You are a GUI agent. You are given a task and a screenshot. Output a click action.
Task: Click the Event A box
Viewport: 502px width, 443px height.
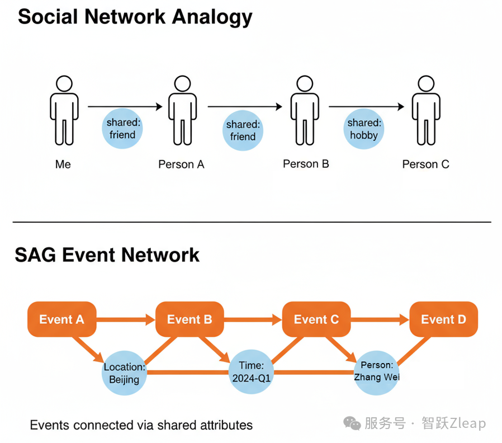61,319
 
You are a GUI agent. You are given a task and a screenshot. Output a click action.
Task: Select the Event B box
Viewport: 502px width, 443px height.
190,319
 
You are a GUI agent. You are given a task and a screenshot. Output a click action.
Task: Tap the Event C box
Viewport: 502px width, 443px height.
316,319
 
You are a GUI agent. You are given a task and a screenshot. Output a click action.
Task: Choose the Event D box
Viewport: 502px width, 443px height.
443,319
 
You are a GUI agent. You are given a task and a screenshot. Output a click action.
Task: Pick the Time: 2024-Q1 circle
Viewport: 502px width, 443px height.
251,371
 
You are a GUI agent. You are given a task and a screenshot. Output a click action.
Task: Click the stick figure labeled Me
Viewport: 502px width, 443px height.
64,112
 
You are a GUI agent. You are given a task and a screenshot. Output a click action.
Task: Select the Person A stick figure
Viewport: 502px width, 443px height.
181,112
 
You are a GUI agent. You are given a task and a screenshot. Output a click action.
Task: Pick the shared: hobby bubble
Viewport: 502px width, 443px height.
364,129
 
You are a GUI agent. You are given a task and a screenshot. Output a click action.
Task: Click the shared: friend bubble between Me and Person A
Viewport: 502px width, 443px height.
122,129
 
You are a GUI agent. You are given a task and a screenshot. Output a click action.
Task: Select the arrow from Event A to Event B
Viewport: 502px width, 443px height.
126,320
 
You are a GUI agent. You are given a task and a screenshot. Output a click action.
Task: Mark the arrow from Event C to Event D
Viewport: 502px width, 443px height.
381,320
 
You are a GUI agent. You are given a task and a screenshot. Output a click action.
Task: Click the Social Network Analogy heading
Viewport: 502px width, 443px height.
135,17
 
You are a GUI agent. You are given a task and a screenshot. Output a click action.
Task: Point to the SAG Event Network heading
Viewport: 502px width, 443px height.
107,255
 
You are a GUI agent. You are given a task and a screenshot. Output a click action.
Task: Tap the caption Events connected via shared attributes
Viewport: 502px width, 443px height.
141,425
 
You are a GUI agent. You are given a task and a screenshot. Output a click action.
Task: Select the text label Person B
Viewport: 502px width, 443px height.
306,164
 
